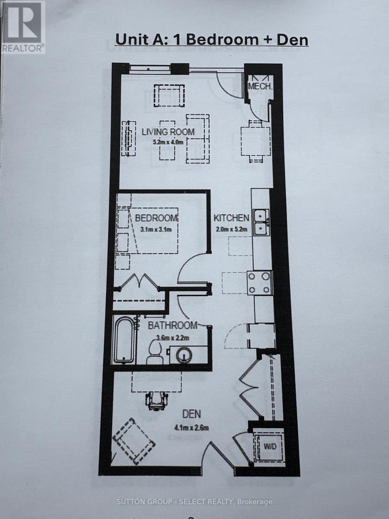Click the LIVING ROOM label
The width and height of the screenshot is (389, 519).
coord(168,132)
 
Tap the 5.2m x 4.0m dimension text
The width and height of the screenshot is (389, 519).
coord(168,143)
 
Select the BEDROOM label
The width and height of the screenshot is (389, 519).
coord(156,218)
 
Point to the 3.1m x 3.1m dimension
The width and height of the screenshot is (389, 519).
coord(156,229)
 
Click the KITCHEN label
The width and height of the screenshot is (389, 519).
coord(231,218)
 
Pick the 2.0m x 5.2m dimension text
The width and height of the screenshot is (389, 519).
coord(232,229)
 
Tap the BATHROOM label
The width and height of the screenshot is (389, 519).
coord(172,326)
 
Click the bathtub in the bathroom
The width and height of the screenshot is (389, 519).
coord(124,340)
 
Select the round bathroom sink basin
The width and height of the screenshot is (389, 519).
coord(185,356)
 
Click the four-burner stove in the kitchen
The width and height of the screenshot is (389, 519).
coord(259,283)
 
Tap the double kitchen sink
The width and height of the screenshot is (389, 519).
coord(261,222)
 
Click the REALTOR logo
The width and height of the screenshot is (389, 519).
coord(22,27)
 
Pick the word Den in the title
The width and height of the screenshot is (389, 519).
coord(293,40)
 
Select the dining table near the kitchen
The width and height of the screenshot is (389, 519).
coord(255,141)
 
